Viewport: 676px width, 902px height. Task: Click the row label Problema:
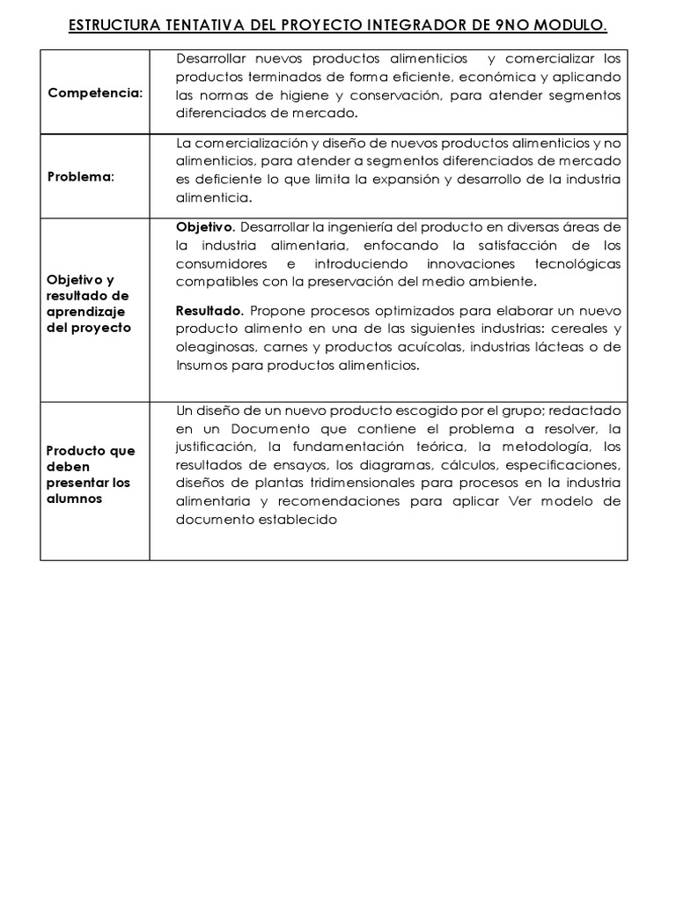coord(80,176)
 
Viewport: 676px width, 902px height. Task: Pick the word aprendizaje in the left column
coord(86,311)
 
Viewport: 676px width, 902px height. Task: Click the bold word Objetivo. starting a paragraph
coord(205,226)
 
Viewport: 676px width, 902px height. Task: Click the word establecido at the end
coord(297,520)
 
